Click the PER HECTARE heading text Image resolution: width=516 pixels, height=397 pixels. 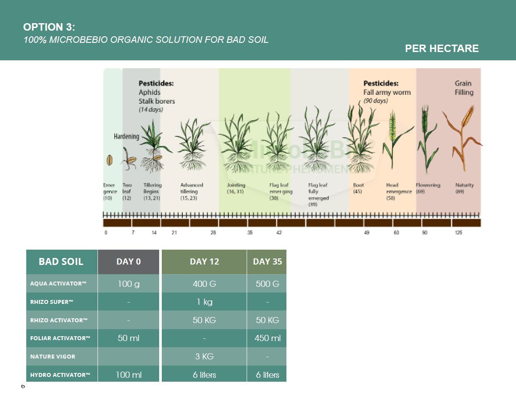(442, 49)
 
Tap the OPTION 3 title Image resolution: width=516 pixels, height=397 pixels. (49, 27)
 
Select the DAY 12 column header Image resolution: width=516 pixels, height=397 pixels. (204, 262)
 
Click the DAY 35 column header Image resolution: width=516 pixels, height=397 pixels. (267, 262)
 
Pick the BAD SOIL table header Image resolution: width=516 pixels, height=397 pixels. (61, 262)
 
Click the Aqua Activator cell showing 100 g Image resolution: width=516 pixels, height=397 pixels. (129, 284)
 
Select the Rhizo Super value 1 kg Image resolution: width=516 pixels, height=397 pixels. (204, 302)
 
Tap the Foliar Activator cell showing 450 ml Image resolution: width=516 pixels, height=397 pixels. (267, 338)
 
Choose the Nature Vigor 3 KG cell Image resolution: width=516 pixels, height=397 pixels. (204, 356)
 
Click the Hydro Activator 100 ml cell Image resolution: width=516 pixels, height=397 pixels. (129, 375)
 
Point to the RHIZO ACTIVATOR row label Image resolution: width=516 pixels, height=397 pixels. (59, 320)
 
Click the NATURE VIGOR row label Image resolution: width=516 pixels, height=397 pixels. (52, 356)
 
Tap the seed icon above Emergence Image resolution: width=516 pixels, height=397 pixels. (110, 160)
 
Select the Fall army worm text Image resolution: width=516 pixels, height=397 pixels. (387, 92)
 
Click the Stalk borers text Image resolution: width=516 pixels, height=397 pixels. (157, 101)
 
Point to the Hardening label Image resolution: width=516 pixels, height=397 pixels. (126, 136)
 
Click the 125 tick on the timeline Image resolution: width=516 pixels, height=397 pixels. (458, 233)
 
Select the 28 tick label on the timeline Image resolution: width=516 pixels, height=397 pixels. (213, 233)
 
